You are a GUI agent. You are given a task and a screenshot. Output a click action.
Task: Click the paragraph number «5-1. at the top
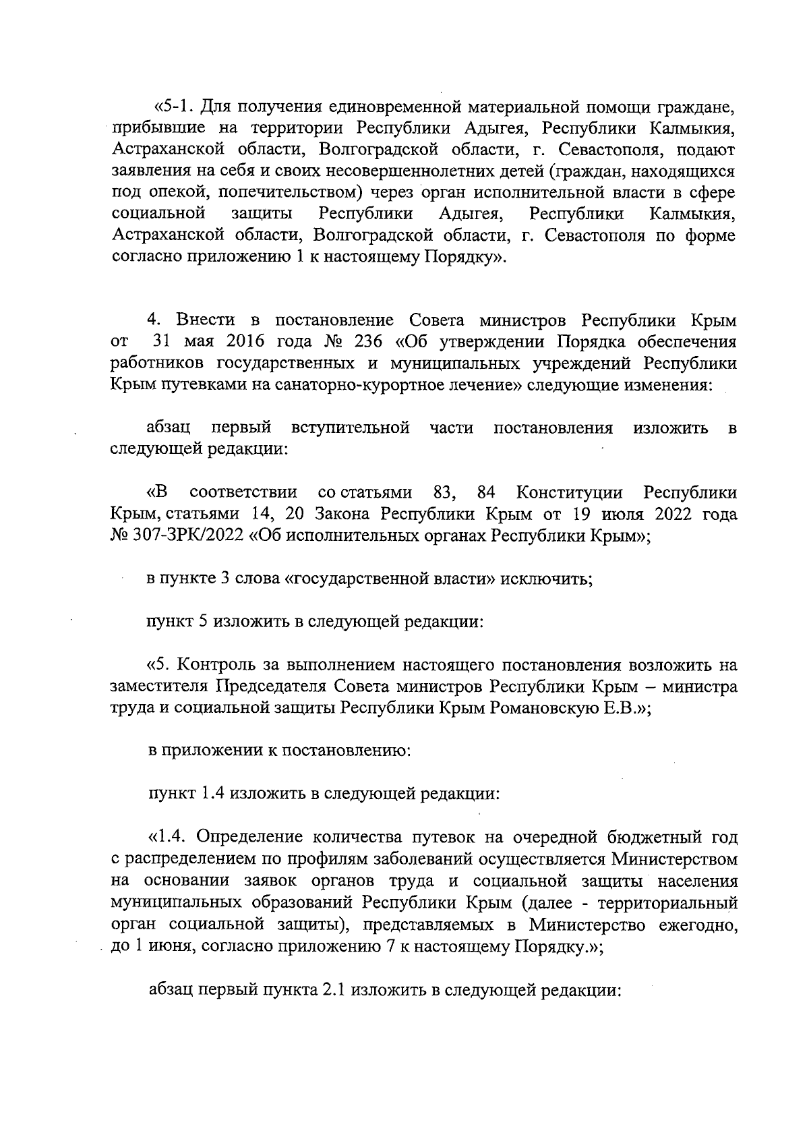(x=175, y=107)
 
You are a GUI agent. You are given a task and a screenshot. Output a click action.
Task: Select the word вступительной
(x=351, y=428)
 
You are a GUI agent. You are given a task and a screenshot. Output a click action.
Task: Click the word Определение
(x=248, y=838)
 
